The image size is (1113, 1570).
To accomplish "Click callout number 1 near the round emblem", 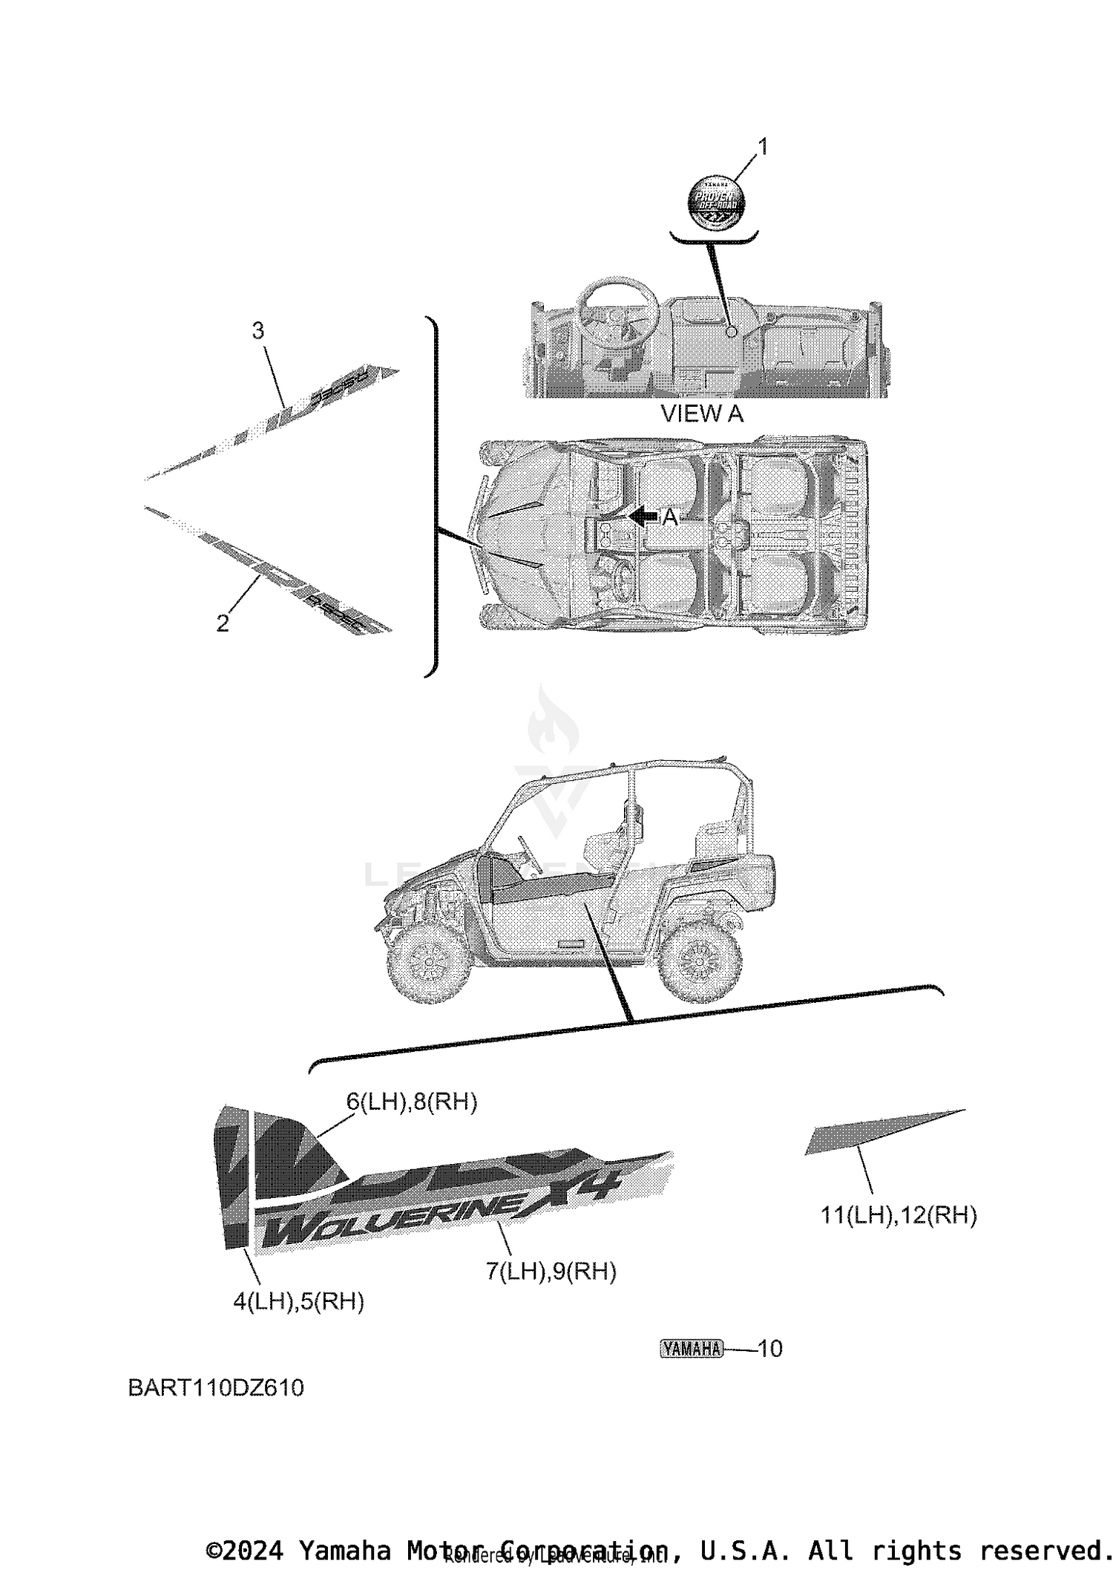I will tap(761, 147).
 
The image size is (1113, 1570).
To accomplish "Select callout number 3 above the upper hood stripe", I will tap(257, 330).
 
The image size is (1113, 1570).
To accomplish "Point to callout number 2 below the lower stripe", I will tap(223, 624).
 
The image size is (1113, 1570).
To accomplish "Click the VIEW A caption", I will tap(701, 413).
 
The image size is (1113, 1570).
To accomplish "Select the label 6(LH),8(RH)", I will tap(412, 1102).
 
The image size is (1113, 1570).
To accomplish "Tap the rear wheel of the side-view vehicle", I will tap(700, 962).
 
